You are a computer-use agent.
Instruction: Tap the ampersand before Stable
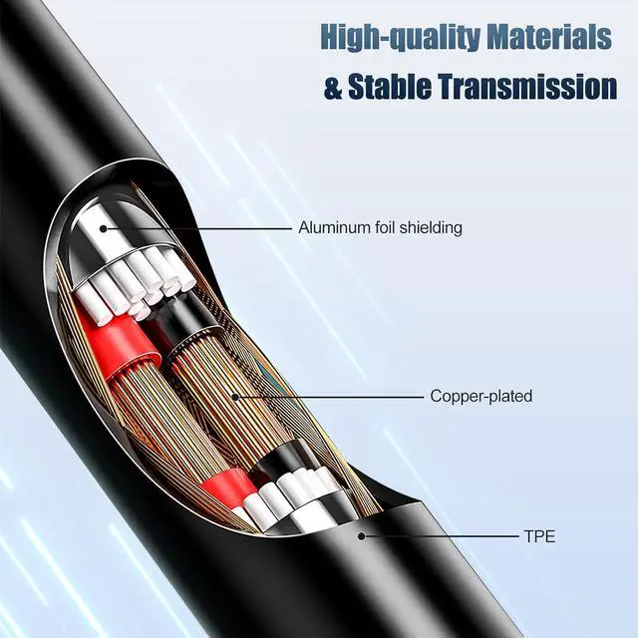pyautogui.click(x=333, y=88)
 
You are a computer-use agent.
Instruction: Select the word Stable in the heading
pyautogui.click(x=390, y=87)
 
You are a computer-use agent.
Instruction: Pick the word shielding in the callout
pyautogui.click(x=431, y=228)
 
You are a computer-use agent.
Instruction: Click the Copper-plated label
pyautogui.click(x=481, y=397)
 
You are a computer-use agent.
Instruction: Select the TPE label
pyautogui.click(x=539, y=536)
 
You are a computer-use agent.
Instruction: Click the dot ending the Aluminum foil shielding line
pyautogui.click(x=104, y=229)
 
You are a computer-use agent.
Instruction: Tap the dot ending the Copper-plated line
pyautogui.click(x=235, y=397)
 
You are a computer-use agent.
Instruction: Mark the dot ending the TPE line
pyautogui.click(x=361, y=536)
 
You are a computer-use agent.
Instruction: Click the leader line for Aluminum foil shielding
pyautogui.click(x=197, y=229)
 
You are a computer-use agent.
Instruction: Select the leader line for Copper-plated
pyautogui.click(x=330, y=397)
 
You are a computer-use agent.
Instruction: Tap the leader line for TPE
pyautogui.click(x=441, y=536)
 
